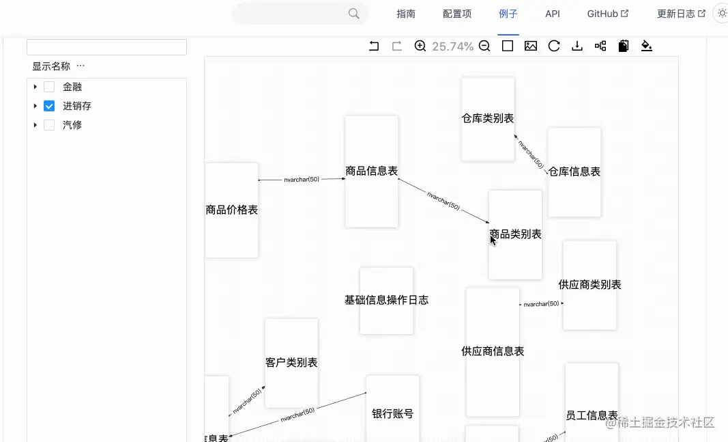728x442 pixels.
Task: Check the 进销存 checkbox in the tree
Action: [x=49, y=106]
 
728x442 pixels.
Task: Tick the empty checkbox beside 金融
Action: [x=49, y=87]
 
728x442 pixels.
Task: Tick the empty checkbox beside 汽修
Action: [x=49, y=125]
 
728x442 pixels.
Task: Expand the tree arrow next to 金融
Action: [x=35, y=87]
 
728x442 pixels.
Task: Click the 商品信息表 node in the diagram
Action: [x=371, y=171]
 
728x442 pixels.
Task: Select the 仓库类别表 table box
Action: [x=488, y=119]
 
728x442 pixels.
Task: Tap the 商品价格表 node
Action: [x=231, y=210]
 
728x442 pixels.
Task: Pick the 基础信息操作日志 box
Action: [x=386, y=301]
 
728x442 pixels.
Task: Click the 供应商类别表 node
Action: [x=589, y=285]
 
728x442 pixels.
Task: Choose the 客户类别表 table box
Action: [x=291, y=363]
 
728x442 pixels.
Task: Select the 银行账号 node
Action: [x=392, y=413]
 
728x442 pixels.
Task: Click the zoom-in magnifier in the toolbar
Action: [x=420, y=46]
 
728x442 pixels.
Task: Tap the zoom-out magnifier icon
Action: [x=484, y=46]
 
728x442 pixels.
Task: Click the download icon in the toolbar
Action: [x=577, y=46]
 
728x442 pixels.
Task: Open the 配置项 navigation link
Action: [x=457, y=14]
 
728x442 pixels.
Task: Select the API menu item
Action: [x=553, y=14]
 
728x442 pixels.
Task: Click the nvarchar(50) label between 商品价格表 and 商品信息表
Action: [x=302, y=180]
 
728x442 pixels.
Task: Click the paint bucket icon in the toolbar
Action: [x=647, y=46]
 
